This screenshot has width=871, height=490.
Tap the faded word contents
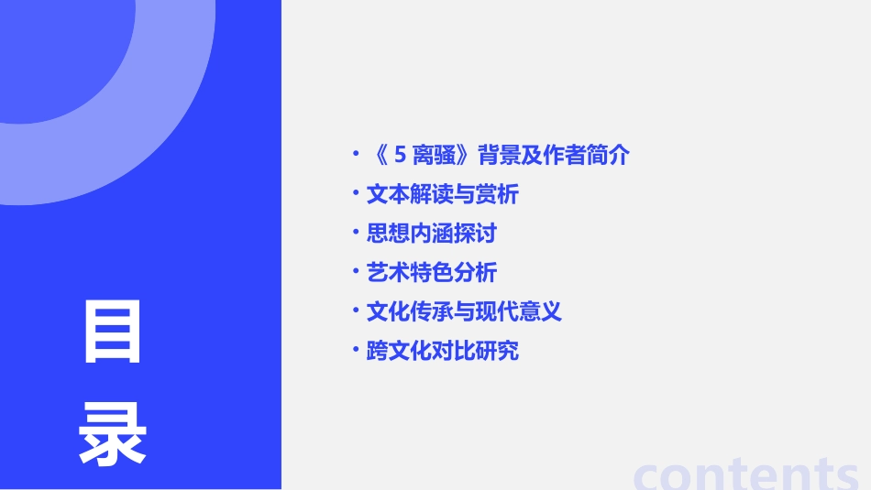[746, 474]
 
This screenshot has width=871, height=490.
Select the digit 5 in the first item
[400, 156]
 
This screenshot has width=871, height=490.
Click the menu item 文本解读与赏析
[442, 194]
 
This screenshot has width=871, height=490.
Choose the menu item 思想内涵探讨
[431, 234]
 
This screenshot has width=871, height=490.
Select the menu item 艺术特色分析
[431, 272]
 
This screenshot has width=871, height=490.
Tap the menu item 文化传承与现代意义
[464, 311]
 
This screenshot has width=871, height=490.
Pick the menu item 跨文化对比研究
[442, 351]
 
